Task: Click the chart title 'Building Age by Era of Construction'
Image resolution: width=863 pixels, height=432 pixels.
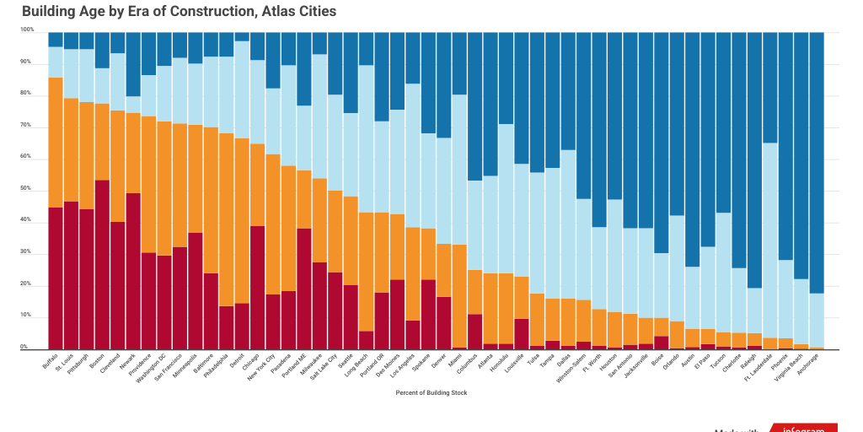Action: [179, 12]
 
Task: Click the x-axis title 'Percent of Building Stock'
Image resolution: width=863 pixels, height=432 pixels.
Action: [431, 392]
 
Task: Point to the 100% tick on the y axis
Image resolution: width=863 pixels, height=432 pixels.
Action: [27, 30]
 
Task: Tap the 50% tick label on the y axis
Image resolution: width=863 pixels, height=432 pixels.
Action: [27, 189]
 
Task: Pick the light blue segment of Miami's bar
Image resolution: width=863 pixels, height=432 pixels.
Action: [458, 169]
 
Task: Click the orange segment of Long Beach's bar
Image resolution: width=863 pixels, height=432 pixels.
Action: [366, 271]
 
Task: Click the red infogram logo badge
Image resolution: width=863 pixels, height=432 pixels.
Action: [804, 428]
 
